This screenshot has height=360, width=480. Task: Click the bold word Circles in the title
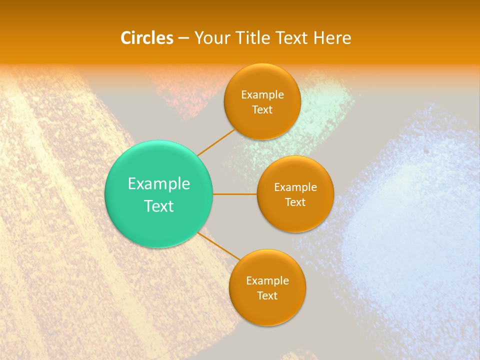click(146, 38)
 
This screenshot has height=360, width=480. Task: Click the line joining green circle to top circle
click(216, 142)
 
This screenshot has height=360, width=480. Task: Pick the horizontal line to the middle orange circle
click(235, 194)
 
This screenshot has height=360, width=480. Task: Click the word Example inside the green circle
click(159, 184)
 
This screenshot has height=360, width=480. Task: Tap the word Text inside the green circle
click(159, 206)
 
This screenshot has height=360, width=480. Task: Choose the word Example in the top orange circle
click(262, 95)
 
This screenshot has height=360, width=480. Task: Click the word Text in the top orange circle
click(262, 110)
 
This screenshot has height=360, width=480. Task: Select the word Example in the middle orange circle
click(295, 187)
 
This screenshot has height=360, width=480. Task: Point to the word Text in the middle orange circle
click(295, 202)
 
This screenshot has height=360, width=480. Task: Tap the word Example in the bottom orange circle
click(267, 281)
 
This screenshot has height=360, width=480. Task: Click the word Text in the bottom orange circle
click(267, 296)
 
